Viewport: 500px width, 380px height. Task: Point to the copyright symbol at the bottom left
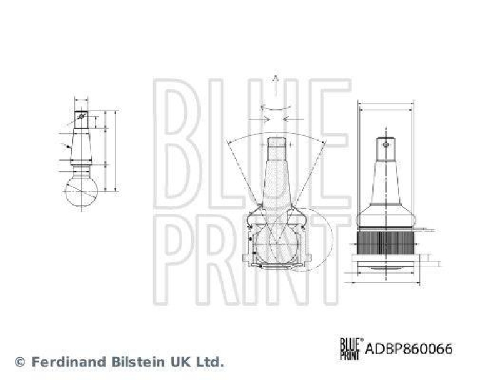click(19, 362)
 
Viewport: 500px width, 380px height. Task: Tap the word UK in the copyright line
click(180, 361)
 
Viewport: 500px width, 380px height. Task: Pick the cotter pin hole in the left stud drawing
click(81, 116)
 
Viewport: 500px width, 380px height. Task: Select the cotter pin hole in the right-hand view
click(386, 146)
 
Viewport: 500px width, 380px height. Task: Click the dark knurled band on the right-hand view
click(386, 239)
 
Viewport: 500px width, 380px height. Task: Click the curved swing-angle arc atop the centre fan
click(275, 134)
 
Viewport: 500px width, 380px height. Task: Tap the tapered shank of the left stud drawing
click(81, 147)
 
